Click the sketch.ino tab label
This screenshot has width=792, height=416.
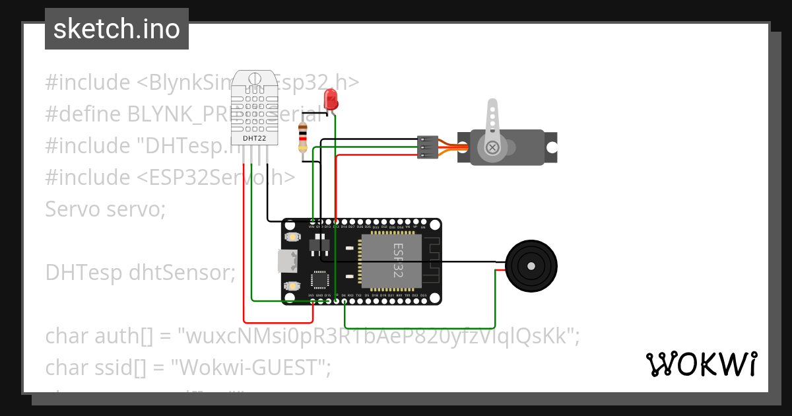[116, 29]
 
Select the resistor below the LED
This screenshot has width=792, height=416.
[303, 137]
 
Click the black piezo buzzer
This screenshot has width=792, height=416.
[531, 265]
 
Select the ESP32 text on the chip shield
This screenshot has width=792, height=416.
[398, 260]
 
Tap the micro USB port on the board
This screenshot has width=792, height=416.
[286, 261]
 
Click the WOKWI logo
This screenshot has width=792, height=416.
[701, 364]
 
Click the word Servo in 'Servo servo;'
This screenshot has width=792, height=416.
[68, 209]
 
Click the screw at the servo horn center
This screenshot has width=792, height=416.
[492, 147]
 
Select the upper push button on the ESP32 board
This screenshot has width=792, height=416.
[291, 236]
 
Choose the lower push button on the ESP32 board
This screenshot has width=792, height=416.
[291, 286]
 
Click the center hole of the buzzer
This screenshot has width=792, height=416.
[531, 265]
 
